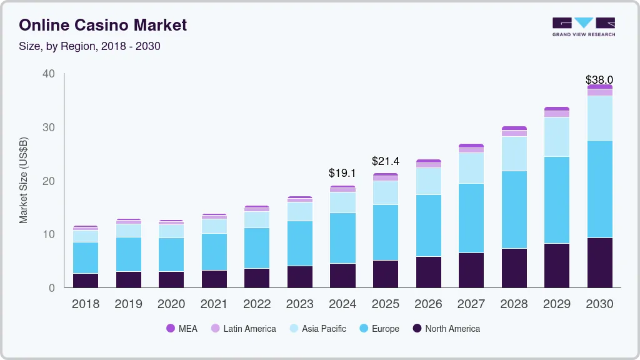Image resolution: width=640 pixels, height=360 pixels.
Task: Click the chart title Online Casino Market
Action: point(103,25)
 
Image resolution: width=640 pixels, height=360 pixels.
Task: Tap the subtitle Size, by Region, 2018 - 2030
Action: point(89,46)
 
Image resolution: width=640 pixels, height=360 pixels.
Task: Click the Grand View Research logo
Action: point(584,27)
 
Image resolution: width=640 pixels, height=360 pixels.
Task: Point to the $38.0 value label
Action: point(599,79)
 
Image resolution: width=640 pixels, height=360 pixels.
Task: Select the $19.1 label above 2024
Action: point(342,173)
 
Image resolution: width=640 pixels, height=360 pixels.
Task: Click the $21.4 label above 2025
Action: point(385,161)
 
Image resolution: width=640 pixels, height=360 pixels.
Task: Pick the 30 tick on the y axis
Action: point(49,127)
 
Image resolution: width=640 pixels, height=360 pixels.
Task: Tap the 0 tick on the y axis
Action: point(52,288)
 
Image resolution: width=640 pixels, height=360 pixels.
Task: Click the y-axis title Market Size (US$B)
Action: point(23,181)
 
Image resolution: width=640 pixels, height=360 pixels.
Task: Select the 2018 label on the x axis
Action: point(86,304)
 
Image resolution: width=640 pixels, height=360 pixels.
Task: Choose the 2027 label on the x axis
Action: point(471,304)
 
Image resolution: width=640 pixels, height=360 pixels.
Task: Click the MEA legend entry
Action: point(182,329)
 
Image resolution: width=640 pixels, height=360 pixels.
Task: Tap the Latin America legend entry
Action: point(244,329)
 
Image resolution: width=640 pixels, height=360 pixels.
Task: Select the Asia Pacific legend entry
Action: point(318,329)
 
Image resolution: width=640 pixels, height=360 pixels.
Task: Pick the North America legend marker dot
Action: point(417,328)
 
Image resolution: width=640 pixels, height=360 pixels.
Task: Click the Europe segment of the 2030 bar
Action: point(600,189)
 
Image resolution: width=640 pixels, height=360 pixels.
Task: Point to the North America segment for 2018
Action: point(86,281)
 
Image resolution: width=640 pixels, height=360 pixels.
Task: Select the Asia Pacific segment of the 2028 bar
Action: point(514,154)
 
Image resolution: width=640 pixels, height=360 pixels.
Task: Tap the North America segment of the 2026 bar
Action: point(429,272)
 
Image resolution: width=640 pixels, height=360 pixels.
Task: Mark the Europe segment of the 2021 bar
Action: point(214,252)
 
